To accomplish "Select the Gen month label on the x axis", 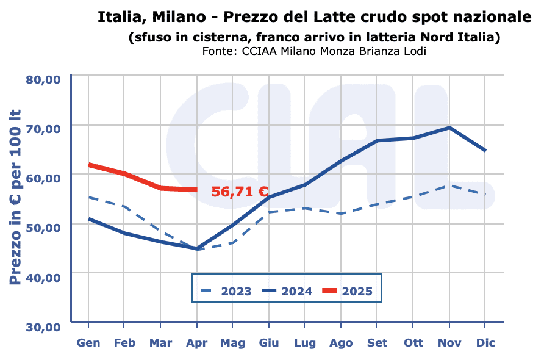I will [x=88, y=344].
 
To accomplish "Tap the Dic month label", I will [x=485, y=344].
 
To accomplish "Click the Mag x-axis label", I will [x=232, y=344].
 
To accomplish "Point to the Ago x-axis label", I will [x=341, y=344].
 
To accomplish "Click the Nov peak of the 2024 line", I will [x=449, y=128].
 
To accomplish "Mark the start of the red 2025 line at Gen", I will [x=89, y=165].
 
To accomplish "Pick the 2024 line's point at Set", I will [x=378, y=141].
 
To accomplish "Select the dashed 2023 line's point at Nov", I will [x=449, y=185].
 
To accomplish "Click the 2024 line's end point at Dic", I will [x=485, y=150].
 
